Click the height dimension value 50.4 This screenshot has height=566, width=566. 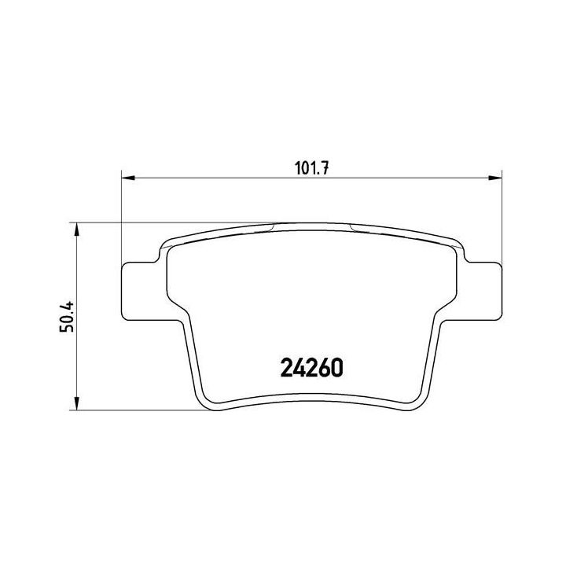67,316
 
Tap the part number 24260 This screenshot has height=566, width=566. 311,368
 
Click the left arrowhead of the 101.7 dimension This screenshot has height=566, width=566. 128,178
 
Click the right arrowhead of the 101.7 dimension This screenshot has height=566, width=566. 495,178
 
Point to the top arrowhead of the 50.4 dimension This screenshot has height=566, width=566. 76,230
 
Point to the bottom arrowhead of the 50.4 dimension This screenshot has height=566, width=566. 76,402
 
